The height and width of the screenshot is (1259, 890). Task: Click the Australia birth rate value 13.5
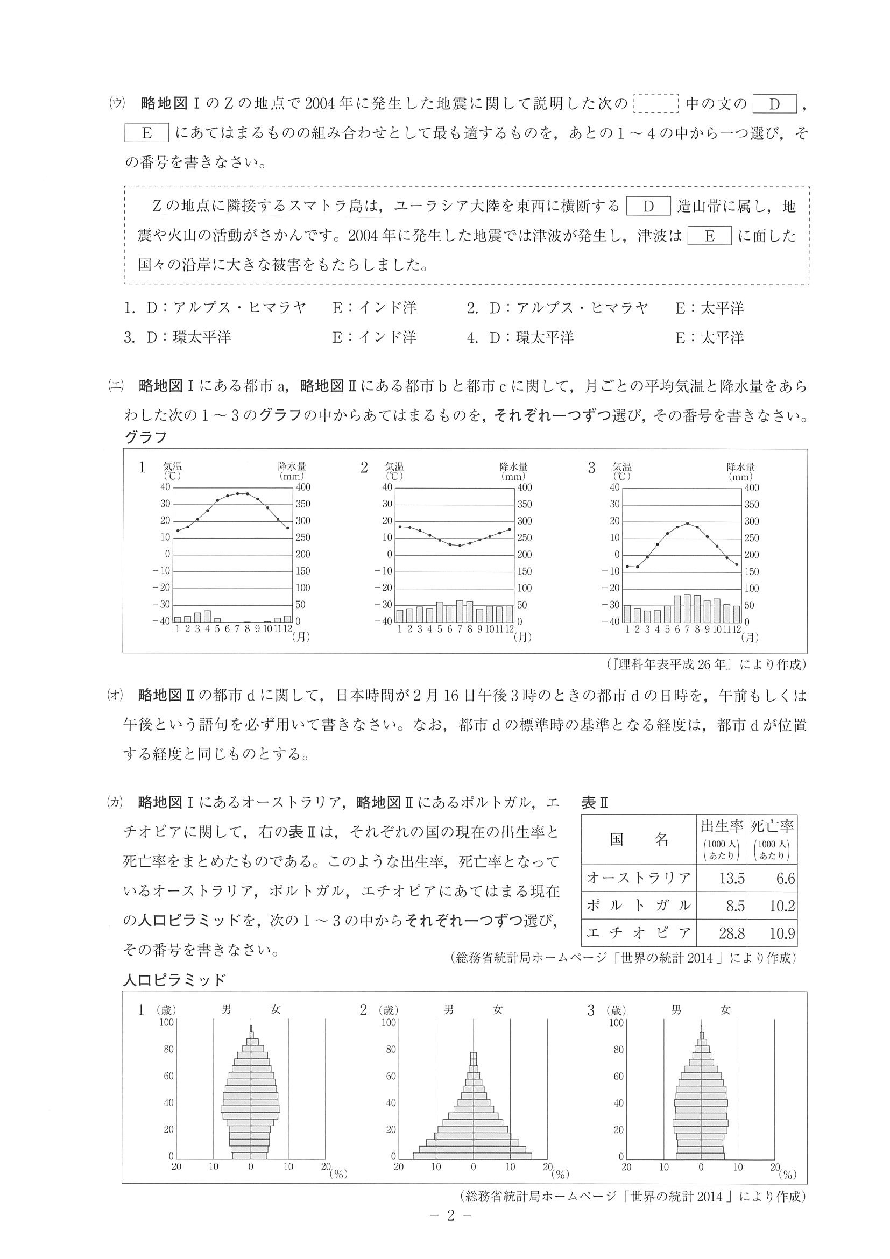tap(731, 879)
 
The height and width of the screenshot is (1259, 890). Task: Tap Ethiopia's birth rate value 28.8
tap(731, 933)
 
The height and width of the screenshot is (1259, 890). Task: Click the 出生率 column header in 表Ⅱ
tap(721, 825)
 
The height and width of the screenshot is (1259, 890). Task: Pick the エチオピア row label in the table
tap(638, 933)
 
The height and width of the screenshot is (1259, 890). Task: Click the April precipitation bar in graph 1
tap(207, 616)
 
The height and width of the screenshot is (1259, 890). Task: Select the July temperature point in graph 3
tap(687, 523)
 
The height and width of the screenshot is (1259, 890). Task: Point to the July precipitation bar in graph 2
tap(460, 611)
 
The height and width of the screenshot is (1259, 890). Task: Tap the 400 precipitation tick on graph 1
tap(303, 487)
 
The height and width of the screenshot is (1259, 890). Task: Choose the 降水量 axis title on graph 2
tap(513, 466)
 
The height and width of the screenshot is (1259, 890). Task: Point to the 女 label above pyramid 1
tap(276, 1009)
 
